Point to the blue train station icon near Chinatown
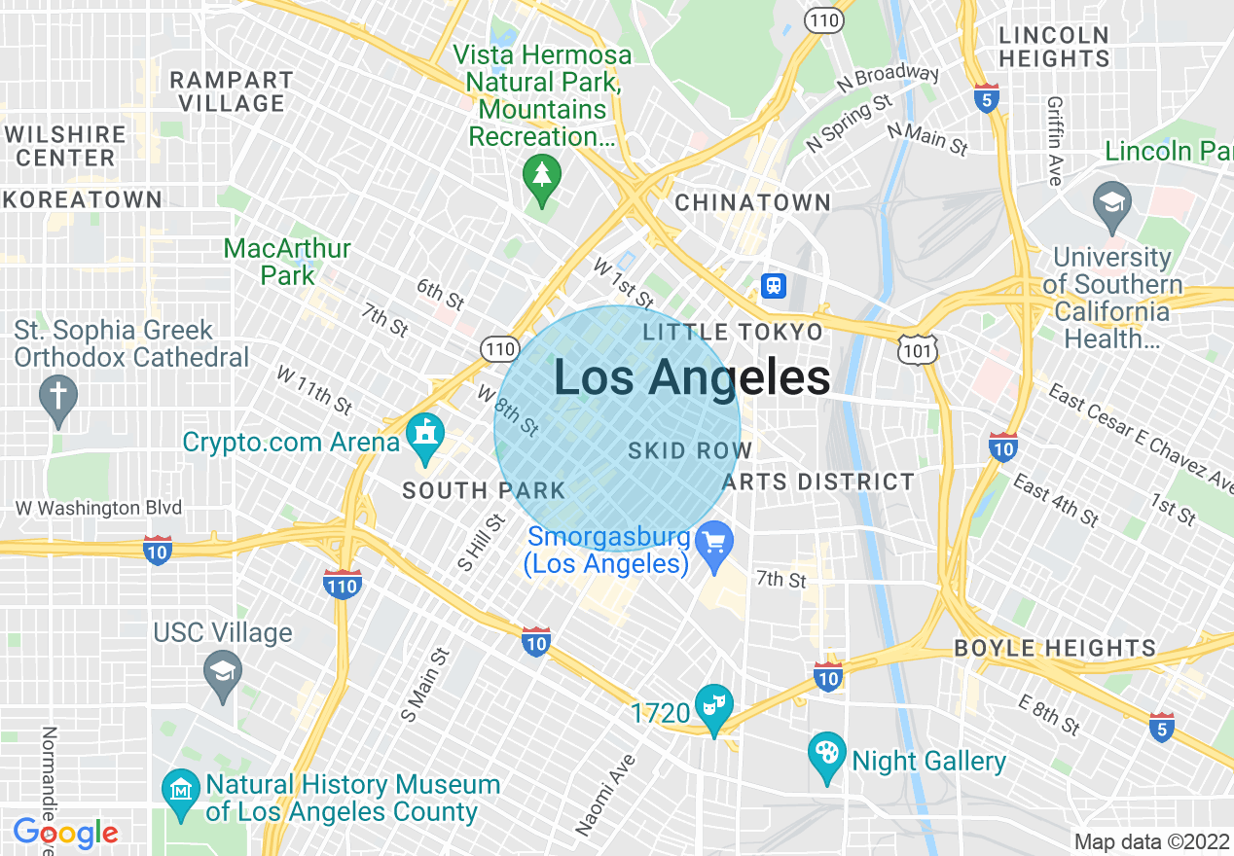774,286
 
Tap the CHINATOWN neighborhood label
753,202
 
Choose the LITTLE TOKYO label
733,333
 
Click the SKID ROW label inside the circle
690,451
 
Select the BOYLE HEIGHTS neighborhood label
1055,648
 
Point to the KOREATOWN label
83,200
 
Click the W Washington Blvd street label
98,508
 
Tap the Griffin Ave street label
1054,140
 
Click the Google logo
65,833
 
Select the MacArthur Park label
287,262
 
